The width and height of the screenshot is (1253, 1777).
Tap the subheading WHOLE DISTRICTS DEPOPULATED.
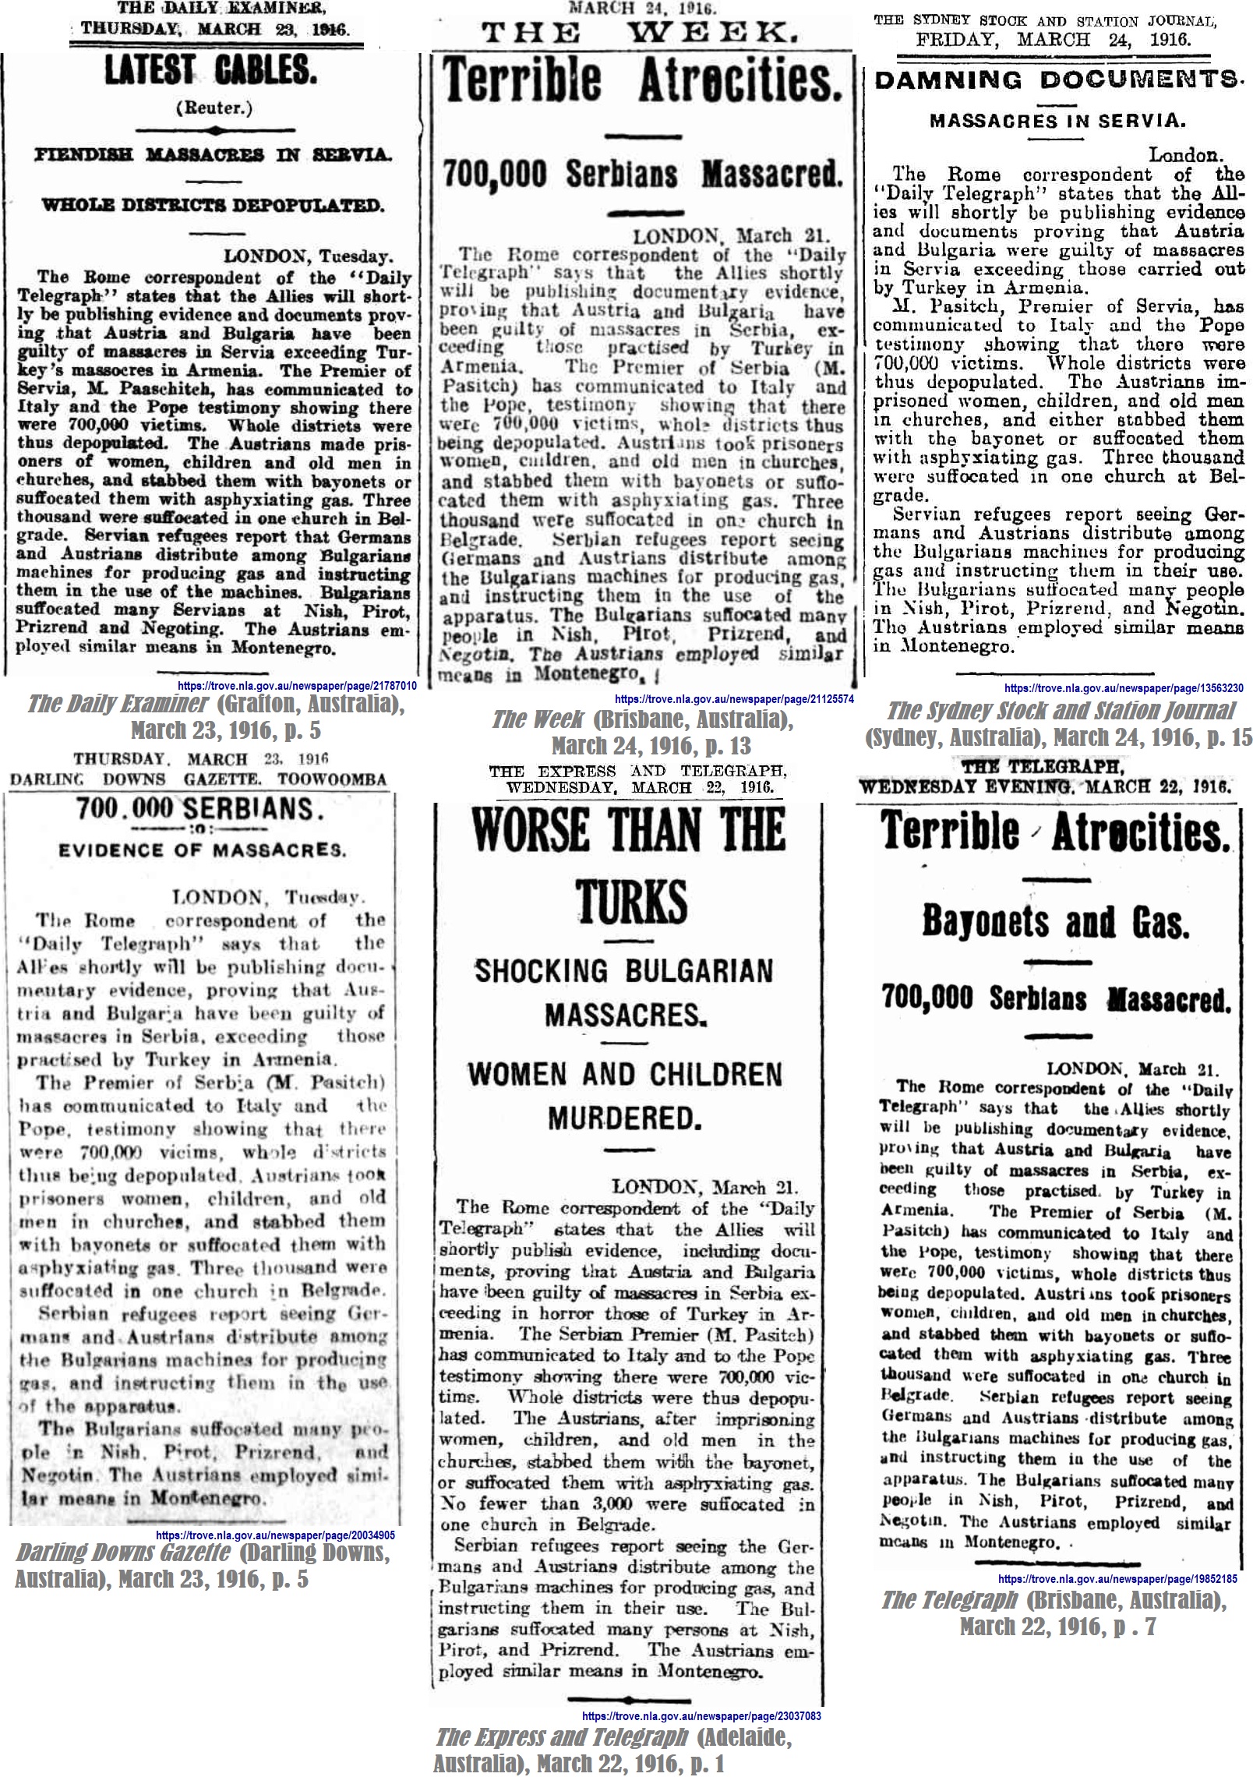(213, 205)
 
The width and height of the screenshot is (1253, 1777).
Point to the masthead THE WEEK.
(640, 32)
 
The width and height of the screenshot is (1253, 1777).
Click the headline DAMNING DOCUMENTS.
(1056, 79)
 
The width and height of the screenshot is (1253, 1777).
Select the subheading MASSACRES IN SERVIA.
(1057, 121)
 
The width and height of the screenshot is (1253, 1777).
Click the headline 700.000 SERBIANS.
(199, 809)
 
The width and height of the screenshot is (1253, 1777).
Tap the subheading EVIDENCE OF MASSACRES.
(201, 850)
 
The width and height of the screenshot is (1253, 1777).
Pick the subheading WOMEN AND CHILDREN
(625, 1074)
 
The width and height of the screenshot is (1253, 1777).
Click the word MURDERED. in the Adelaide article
(625, 1118)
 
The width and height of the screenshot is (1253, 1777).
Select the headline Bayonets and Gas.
(1056, 922)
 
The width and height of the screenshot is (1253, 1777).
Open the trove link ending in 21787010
(298, 686)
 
